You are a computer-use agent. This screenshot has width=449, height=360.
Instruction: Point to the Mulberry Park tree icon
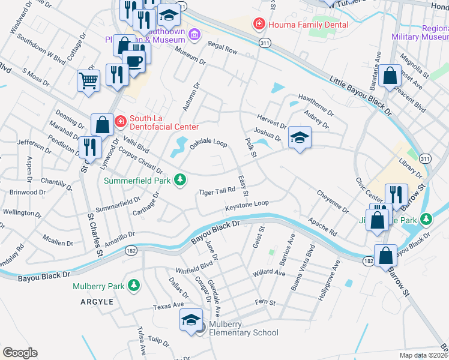136,286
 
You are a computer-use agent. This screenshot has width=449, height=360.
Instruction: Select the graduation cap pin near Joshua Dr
300,137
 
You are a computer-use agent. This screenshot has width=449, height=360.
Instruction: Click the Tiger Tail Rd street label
217,191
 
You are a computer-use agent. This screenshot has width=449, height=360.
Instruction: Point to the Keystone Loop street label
247,205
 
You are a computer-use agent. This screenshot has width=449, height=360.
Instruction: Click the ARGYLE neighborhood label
97,302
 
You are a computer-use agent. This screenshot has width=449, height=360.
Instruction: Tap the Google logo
20,353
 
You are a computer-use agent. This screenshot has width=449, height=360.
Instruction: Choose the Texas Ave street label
168,305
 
